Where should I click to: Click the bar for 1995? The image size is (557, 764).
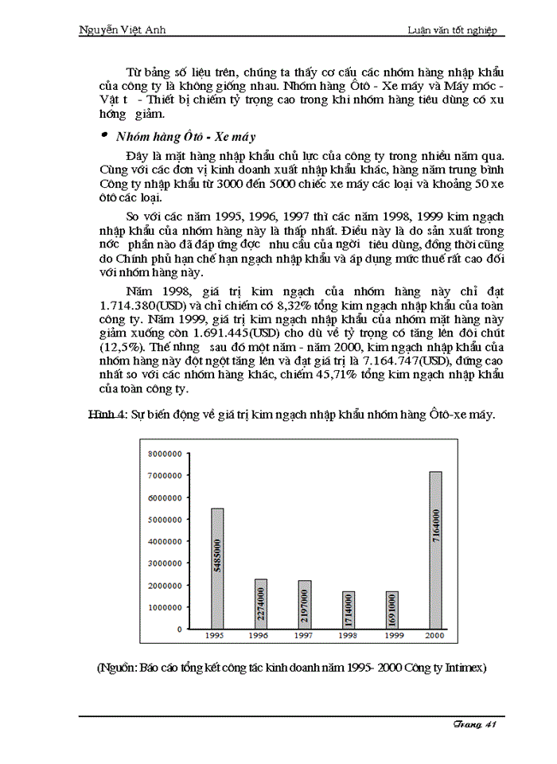[217, 568]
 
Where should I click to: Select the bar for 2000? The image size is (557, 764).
[435, 550]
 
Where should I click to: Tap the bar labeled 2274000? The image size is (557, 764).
[261, 603]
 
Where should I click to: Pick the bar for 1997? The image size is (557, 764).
[305, 604]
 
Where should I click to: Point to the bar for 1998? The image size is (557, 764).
[349, 610]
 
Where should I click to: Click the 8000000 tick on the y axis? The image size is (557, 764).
[165, 454]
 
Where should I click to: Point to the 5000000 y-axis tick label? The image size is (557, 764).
[165, 520]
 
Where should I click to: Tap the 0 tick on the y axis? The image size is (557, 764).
[179, 629]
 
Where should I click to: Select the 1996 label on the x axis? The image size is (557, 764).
[258, 637]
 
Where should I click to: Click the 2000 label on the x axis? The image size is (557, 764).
[434, 637]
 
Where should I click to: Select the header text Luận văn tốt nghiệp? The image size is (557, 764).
[451, 30]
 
